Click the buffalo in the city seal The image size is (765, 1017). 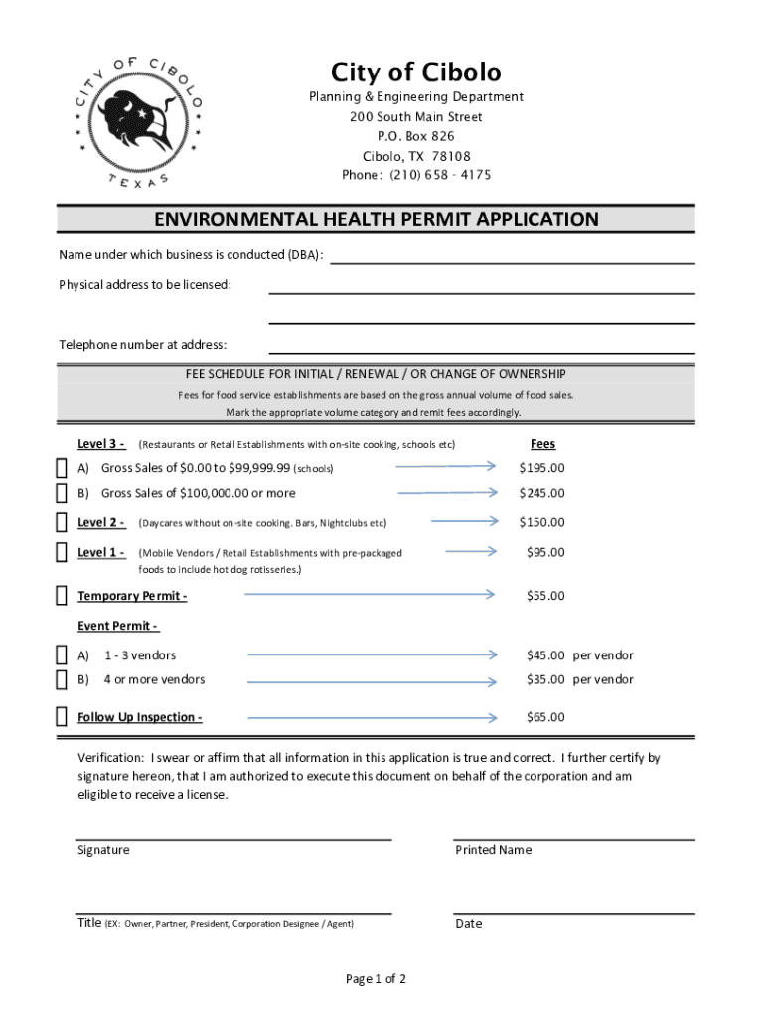tap(140, 117)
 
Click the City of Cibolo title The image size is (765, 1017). tap(415, 72)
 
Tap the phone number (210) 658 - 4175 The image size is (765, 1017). tap(415, 175)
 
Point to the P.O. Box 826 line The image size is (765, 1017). tap(415, 136)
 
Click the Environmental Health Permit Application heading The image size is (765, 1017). tap(376, 219)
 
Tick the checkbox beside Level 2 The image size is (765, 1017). tap(62, 523)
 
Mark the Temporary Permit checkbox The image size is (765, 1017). tap(62, 596)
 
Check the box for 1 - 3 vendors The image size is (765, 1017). tap(62, 655)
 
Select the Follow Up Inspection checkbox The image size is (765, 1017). tap(62, 717)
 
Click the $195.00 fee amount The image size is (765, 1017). tap(541, 468)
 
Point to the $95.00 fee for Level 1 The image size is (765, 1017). tap(544, 552)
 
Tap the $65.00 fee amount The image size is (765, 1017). tap(544, 717)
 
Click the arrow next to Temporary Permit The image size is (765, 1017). tap(369, 594)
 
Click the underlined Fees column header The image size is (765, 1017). tap(542, 444)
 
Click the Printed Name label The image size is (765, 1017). tap(493, 850)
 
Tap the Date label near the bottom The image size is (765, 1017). tap(468, 924)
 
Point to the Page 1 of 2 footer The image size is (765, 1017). tap(376, 979)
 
